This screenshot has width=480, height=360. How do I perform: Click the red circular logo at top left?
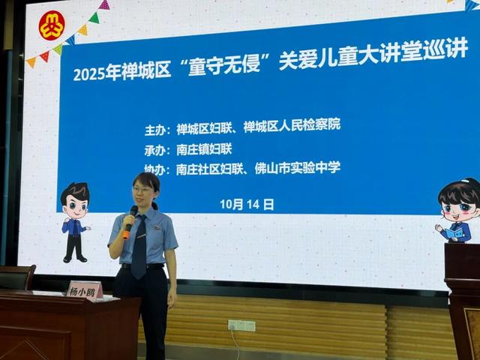pyautogui.click(x=51, y=25)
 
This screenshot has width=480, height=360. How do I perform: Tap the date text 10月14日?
pyautogui.click(x=247, y=203)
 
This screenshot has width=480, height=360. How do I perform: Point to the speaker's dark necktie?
pyautogui.click(x=140, y=247)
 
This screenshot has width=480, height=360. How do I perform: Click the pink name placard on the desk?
pyautogui.click(x=84, y=290)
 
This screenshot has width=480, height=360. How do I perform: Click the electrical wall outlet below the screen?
pyautogui.click(x=241, y=325)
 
